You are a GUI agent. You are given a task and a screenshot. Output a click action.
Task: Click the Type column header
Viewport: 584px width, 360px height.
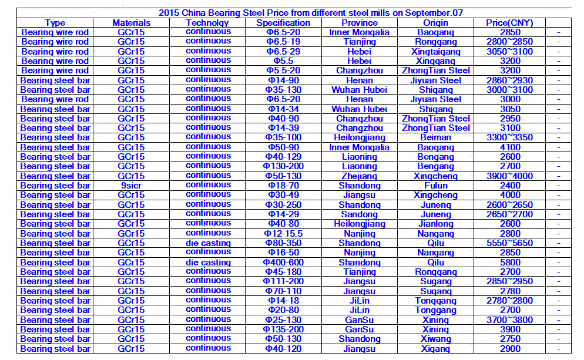click(x=55, y=23)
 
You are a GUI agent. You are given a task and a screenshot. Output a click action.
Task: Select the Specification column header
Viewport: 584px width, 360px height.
click(x=283, y=23)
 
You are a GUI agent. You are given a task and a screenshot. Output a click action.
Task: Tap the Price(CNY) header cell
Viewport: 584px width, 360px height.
click(x=509, y=23)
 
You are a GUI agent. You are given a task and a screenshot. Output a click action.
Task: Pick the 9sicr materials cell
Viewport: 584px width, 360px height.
click(x=131, y=186)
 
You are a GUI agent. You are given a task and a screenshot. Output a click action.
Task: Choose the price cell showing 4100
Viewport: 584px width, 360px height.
click(x=509, y=147)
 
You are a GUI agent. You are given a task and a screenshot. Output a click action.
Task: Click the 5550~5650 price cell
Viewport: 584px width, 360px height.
click(x=509, y=243)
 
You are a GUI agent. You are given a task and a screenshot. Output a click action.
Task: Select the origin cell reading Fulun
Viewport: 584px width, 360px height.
click(x=436, y=186)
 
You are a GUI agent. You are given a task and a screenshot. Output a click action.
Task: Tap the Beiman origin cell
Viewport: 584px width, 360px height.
click(x=436, y=137)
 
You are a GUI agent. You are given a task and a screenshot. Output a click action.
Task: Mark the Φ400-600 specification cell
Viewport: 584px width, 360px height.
click(x=283, y=263)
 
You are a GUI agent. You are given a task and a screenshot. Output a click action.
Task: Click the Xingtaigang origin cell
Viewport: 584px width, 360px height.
click(x=436, y=52)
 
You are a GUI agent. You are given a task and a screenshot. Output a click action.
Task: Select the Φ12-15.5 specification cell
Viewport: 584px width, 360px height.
click(x=283, y=234)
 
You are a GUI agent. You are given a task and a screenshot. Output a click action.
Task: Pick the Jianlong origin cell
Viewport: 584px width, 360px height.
click(x=436, y=224)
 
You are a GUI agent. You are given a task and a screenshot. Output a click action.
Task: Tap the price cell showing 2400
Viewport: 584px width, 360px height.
click(x=509, y=186)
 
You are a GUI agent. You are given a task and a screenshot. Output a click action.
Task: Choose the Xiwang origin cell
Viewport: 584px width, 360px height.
click(x=436, y=339)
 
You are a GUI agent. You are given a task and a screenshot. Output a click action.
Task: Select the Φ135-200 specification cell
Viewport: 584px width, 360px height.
click(x=283, y=329)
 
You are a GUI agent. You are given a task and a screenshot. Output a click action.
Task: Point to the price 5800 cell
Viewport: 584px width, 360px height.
click(x=509, y=263)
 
